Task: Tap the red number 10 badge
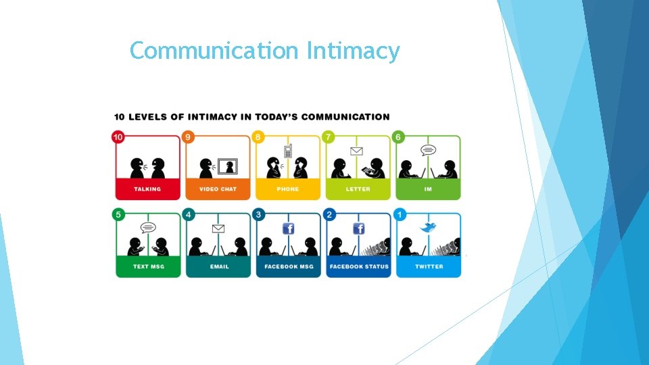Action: [x=118, y=137]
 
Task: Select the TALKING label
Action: [x=147, y=189]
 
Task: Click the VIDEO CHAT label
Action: [x=218, y=189]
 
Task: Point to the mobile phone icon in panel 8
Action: [x=287, y=151]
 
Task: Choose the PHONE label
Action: [x=288, y=189]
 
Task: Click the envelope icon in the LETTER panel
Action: [x=357, y=151]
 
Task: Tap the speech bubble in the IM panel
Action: [x=428, y=150]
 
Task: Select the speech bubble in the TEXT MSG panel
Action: [x=148, y=228]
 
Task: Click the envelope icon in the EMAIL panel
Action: [x=218, y=228]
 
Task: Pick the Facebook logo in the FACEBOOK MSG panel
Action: [x=288, y=228]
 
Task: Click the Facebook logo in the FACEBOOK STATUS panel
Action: [x=358, y=228]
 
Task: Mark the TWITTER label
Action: [x=429, y=266]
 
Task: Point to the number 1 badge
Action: [x=400, y=215]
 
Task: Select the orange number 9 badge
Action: [x=189, y=137]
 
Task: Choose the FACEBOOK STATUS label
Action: [x=359, y=266]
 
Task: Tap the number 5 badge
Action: [x=118, y=215]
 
